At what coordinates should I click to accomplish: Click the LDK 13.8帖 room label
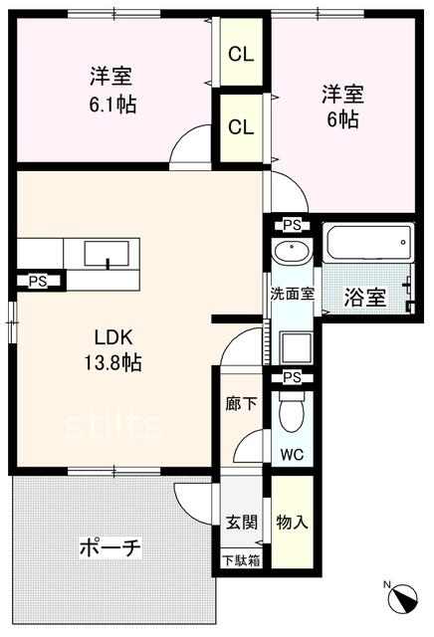pos(112,349)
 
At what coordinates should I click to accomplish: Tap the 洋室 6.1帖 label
pos(112,91)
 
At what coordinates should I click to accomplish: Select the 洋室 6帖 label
pos(343,106)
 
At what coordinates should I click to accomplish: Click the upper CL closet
pos(241,52)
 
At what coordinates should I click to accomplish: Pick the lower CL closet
pos(241,128)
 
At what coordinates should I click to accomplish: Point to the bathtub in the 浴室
pos(368,243)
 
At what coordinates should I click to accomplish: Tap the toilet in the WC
pos(293,411)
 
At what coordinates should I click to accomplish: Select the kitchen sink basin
pos(107,254)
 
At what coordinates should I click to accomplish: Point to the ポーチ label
pos(110,548)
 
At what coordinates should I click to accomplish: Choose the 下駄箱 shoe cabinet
pos(241,560)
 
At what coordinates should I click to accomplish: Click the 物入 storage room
pos(293,522)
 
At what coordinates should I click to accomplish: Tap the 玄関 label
pos(241,522)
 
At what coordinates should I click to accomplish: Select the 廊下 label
pos(241,404)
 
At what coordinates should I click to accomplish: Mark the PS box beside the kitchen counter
pos(38,281)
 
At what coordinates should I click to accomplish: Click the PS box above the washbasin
pos(292,226)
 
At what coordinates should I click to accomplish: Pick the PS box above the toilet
pos(292,377)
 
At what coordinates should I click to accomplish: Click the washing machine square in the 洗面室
pos(297,347)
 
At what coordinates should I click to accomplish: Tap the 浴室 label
pos(364,298)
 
